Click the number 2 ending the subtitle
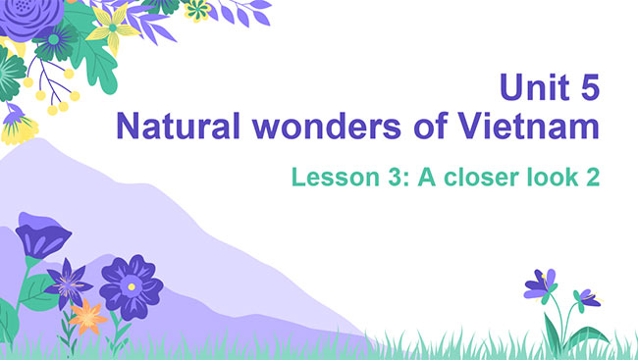pyautogui.click(x=593, y=179)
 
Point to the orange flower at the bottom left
pyautogui.click(x=88, y=316)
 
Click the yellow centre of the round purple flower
pyautogui.click(x=131, y=285)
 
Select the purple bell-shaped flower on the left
pyautogui.click(x=42, y=239)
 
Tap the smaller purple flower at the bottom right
pyautogui.click(x=587, y=296)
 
